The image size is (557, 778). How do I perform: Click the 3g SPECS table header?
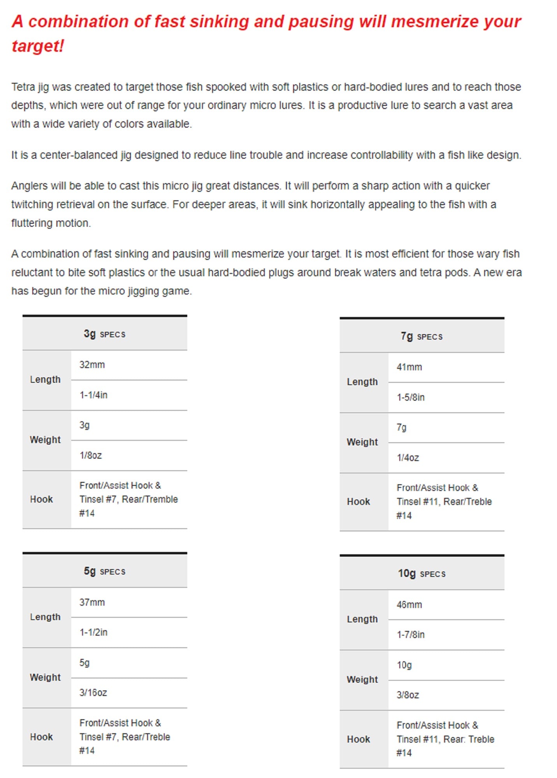click(x=104, y=334)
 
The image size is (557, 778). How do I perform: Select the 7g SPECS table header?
click(x=422, y=336)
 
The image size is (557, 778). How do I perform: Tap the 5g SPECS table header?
click(x=104, y=571)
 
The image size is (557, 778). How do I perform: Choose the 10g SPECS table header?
click(x=422, y=573)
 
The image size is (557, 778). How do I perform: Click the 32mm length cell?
click(x=92, y=365)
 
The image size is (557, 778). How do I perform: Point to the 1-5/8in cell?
click(x=411, y=397)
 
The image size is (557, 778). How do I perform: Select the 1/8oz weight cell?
click(x=91, y=455)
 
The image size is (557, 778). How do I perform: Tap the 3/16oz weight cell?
click(x=93, y=692)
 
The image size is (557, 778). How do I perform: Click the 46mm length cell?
click(x=409, y=605)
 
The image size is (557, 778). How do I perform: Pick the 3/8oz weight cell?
click(x=408, y=695)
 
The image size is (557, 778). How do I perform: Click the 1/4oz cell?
click(x=408, y=457)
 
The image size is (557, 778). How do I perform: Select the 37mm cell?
click(x=92, y=602)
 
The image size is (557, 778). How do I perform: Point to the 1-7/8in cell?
click(x=411, y=634)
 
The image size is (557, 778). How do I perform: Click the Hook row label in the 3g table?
click(x=41, y=499)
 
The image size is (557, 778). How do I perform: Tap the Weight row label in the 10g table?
click(x=362, y=679)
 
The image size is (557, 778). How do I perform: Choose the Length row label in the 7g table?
click(x=362, y=382)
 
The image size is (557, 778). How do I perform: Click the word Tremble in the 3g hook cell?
click(x=163, y=499)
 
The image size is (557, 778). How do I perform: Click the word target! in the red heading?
click(x=38, y=46)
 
